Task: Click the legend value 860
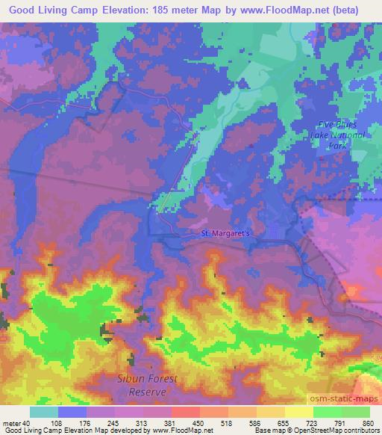point(368,423)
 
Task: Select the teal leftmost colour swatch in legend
point(44,412)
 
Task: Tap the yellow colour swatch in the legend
point(299,412)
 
